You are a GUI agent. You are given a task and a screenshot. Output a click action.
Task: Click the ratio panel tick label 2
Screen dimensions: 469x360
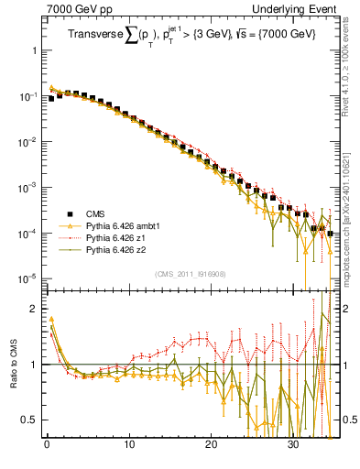point(33,309)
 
